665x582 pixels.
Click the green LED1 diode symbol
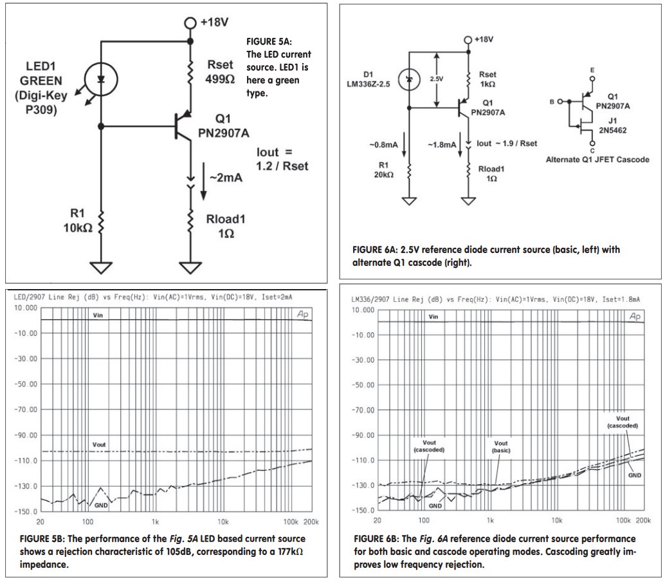(x=101, y=79)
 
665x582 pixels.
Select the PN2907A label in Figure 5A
(x=224, y=133)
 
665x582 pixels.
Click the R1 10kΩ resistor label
(x=78, y=221)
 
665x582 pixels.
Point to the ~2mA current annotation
(x=226, y=178)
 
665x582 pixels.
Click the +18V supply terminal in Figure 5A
(x=190, y=23)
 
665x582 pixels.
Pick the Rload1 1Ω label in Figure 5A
(x=226, y=226)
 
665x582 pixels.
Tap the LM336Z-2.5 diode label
(x=369, y=84)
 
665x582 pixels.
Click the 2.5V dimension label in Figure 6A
(x=437, y=79)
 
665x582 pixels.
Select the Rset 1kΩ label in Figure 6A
(x=487, y=79)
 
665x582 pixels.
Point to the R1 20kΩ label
(x=383, y=170)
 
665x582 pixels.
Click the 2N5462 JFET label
(x=612, y=130)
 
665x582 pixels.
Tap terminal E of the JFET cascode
(x=592, y=79)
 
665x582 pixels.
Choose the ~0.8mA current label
(x=383, y=145)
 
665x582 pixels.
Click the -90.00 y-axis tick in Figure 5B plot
(x=26, y=435)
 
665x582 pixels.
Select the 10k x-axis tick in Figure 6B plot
(x=557, y=520)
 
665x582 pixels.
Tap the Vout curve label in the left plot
(x=99, y=444)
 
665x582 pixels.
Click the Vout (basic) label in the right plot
(x=501, y=447)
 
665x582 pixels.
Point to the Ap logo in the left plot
(x=302, y=314)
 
